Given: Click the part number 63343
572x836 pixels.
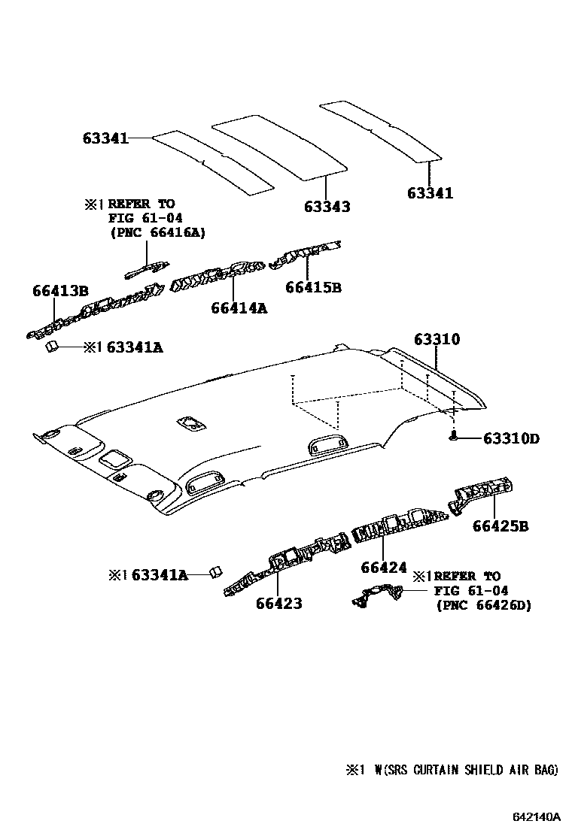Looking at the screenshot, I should coord(327,206).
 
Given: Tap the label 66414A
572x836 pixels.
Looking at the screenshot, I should coord(239,307).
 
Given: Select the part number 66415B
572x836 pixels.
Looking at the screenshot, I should coord(313,287).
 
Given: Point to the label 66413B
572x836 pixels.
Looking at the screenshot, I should coord(60,291).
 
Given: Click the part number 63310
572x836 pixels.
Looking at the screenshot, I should coord(437,340).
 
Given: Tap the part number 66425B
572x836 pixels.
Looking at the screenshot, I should coord(500,526).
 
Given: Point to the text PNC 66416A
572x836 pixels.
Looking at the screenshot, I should coord(157,233).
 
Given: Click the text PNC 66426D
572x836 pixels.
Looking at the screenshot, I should coord(483,604).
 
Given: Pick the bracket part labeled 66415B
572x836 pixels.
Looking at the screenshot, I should coord(305,255).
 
